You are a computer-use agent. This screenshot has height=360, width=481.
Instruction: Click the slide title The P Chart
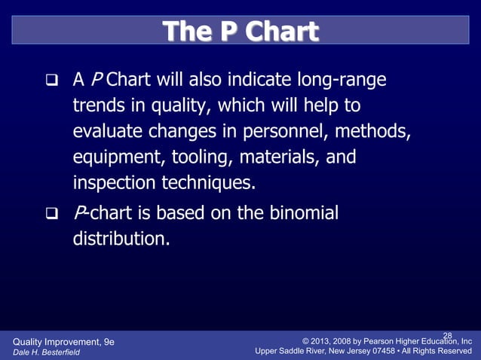[240, 31]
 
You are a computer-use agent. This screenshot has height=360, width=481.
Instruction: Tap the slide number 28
[447, 335]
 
